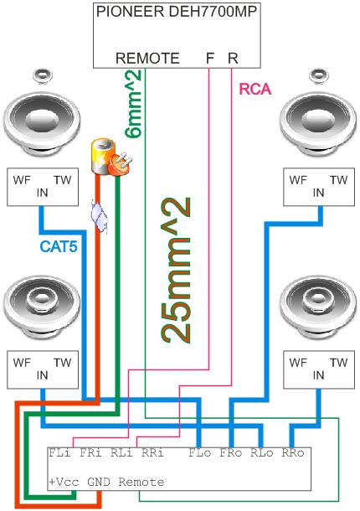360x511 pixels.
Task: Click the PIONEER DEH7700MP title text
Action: [x=177, y=12]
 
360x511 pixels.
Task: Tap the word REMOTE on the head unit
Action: [x=147, y=59]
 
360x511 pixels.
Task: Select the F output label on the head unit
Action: [x=210, y=59]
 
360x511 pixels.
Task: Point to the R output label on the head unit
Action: [x=233, y=59]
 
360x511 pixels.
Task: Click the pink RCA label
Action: [x=255, y=89]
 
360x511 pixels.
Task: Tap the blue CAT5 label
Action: [x=59, y=246]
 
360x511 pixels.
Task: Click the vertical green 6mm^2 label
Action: [x=132, y=103]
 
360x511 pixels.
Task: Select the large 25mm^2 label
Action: [x=175, y=270]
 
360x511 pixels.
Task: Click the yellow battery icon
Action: [x=101, y=156]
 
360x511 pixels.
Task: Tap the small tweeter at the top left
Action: [x=43, y=75]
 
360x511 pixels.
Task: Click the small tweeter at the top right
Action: [x=319, y=75]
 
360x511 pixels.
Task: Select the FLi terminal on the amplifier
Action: [x=59, y=453]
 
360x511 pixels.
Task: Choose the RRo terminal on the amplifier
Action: [x=293, y=453]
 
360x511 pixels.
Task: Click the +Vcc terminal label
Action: [x=64, y=482]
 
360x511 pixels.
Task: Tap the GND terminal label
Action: [x=99, y=482]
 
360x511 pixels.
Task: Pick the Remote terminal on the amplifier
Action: [x=141, y=482]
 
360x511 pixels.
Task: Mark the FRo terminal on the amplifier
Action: [x=231, y=453]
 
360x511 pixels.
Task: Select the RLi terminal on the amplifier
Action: [x=121, y=453]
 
